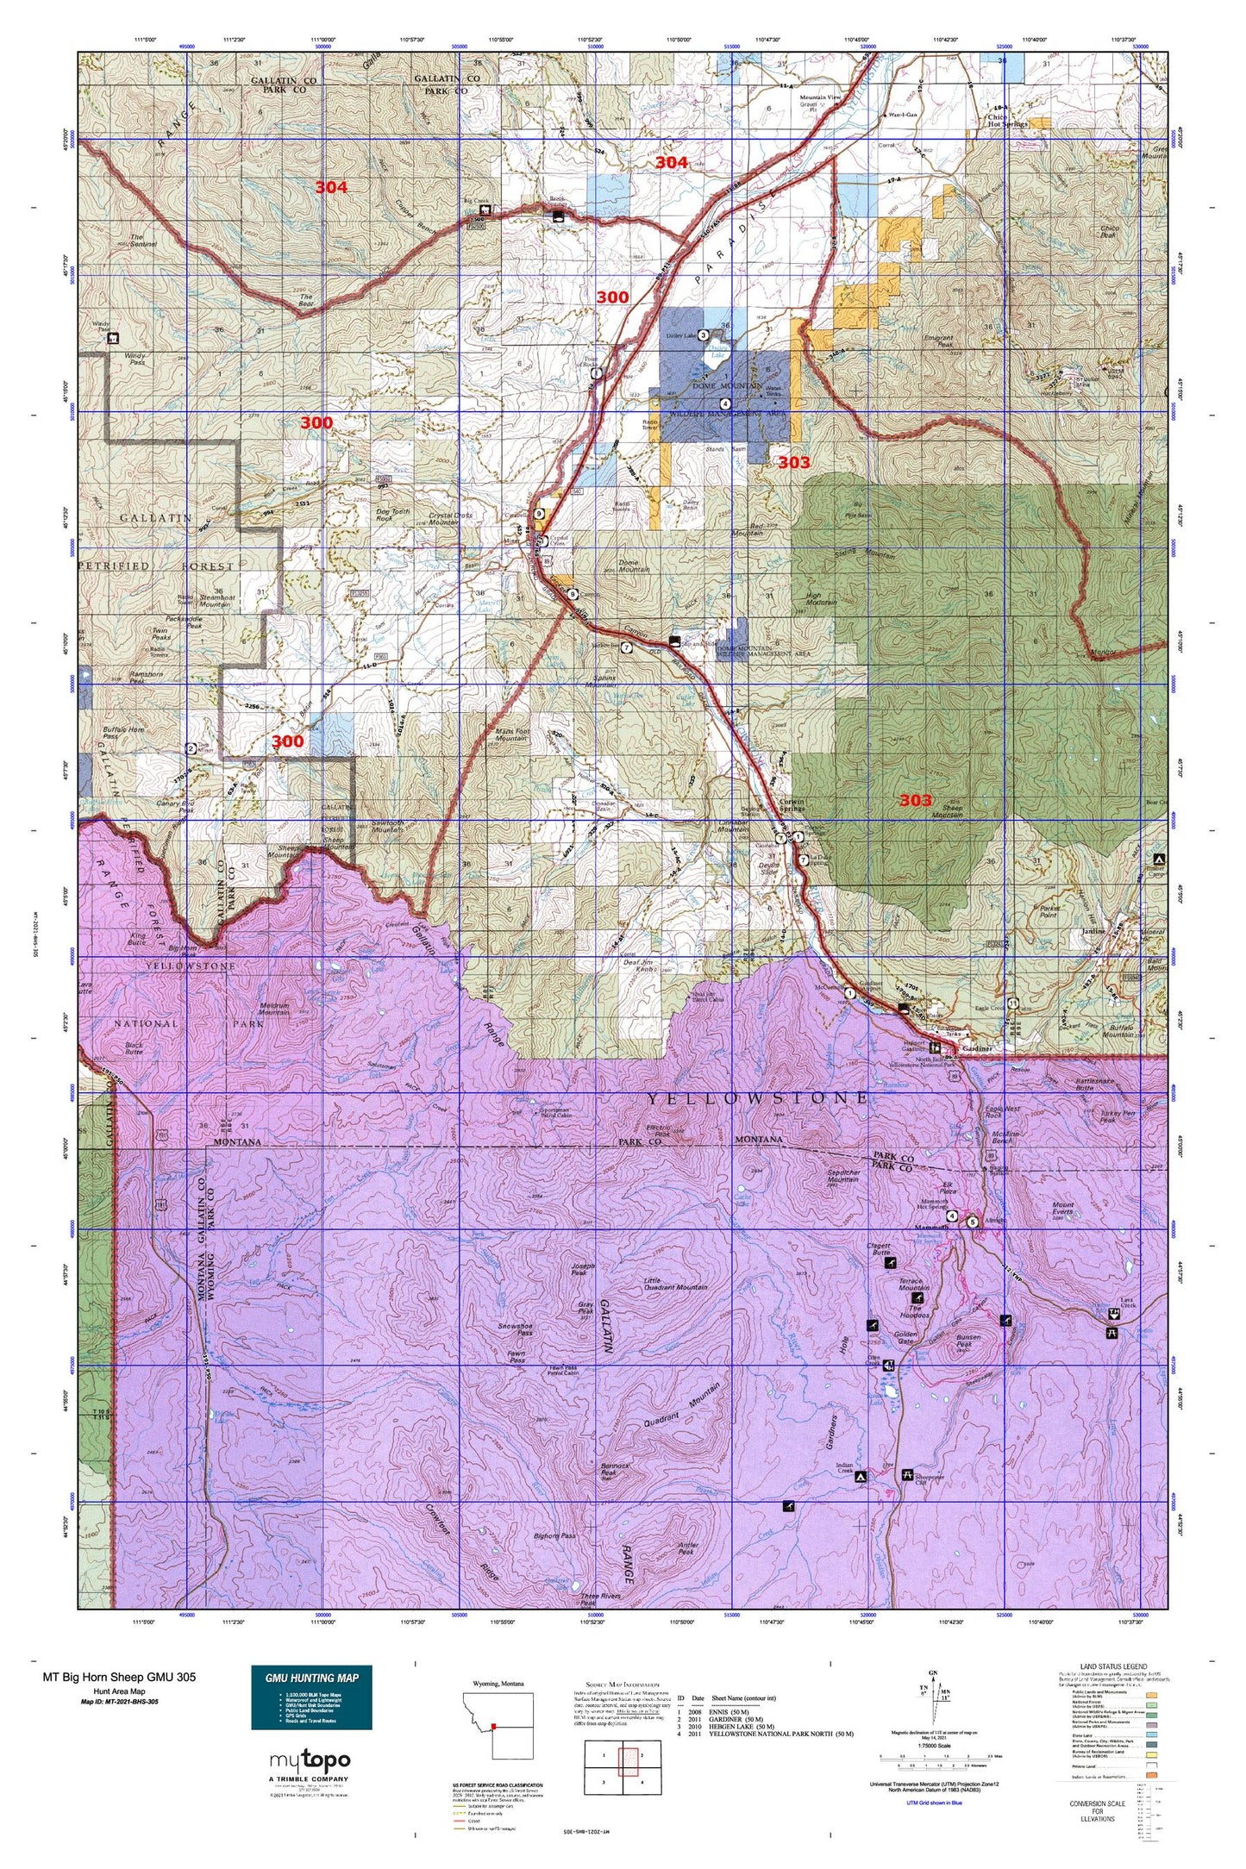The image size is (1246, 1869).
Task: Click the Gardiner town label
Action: click(x=980, y=1048)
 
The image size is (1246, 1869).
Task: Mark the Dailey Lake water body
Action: click(x=722, y=355)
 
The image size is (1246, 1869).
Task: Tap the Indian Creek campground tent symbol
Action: click(x=861, y=1477)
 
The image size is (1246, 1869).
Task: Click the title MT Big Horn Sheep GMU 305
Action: click(x=120, y=1677)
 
